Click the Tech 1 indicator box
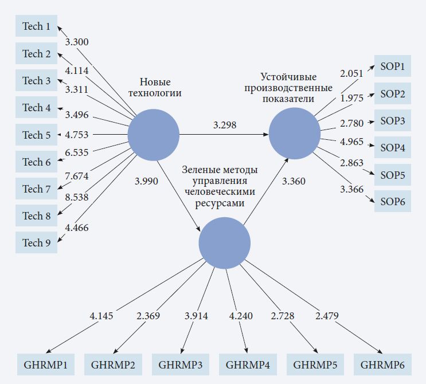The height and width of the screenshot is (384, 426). click(x=36, y=26)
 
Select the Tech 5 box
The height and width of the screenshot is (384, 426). click(x=36, y=135)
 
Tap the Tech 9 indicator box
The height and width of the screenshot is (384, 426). click(x=36, y=243)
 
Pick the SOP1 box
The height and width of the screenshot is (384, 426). click(x=393, y=66)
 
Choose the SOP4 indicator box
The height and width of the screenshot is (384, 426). click(x=393, y=148)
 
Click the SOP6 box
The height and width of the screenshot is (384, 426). click(x=393, y=202)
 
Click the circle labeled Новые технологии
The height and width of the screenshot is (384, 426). click(x=153, y=135)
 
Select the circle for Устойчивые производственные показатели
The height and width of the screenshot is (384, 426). click(x=295, y=135)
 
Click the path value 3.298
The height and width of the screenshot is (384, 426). click(x=224, y=124)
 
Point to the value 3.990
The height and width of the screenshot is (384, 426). click(x=146, y=181)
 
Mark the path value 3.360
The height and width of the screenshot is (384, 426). click(x=294, y=181)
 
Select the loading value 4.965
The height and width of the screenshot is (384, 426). click(x=352, y=141)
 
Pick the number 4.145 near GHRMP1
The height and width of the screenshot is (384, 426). click(x=101, y=316)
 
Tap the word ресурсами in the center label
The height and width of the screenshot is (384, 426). click(x=220, y=203)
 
